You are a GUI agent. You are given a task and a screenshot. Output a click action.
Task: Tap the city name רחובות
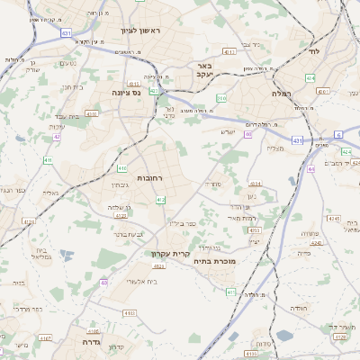coord(149,178)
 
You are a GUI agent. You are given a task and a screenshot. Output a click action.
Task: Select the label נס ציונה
coord(126,92)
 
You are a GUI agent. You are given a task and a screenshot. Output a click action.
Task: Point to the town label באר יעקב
coord(204,71)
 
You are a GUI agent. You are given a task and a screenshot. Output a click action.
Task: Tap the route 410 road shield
coord(121,168)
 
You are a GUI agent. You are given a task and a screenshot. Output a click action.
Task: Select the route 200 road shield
coord(221,97)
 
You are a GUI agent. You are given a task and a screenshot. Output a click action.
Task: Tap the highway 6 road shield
coord(338,133)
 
